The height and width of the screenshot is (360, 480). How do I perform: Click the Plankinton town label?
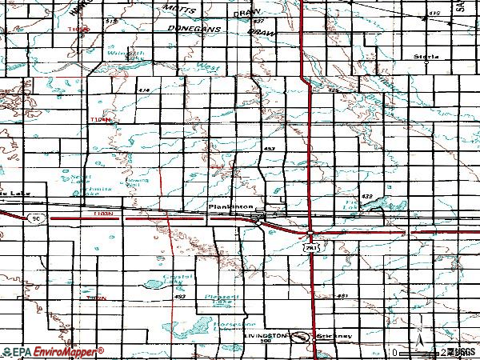230,206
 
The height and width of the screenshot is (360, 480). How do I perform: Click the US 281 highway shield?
312,248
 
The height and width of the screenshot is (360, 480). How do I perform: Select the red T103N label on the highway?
102,214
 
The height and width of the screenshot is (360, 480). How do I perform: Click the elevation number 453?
270,149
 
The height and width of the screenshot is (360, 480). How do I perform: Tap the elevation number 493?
179,297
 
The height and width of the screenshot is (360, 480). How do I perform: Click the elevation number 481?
342,297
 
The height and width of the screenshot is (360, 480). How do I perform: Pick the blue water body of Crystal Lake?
154,285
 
